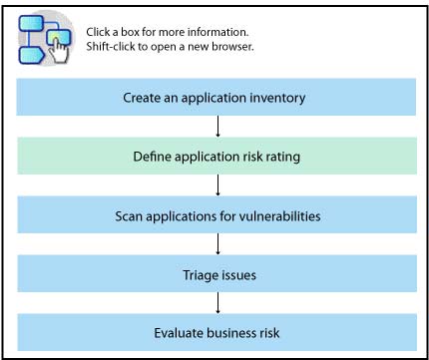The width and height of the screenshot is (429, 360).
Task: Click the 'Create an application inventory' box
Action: coord(216,97)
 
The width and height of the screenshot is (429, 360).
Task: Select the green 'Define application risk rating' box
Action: coord(216,156)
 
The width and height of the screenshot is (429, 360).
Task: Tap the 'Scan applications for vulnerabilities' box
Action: coord(216,214)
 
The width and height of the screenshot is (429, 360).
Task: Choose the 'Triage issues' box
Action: coord(216,273)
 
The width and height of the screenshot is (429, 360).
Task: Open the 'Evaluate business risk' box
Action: coord(216,332)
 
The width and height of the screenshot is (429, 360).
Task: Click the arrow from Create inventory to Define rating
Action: coord(217,127)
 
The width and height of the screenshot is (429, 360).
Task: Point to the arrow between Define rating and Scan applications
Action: coord(217,185)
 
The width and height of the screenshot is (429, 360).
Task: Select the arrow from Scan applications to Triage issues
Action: coord(217,244)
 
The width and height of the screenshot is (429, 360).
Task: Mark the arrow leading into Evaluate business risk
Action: coord(217,303)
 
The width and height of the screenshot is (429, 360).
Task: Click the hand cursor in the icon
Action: coord(60,50)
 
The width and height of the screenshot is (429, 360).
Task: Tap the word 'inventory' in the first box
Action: coord(277,99)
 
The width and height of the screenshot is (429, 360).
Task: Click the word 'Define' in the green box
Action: coord(152,157)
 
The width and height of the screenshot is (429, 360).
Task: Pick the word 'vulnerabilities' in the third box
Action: coord(280,216)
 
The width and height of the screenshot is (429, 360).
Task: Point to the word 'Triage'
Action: coord(200,275)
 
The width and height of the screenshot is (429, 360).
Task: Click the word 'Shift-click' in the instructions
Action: coord(111,47)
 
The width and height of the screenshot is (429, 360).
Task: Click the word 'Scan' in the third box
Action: coord(129,216)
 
